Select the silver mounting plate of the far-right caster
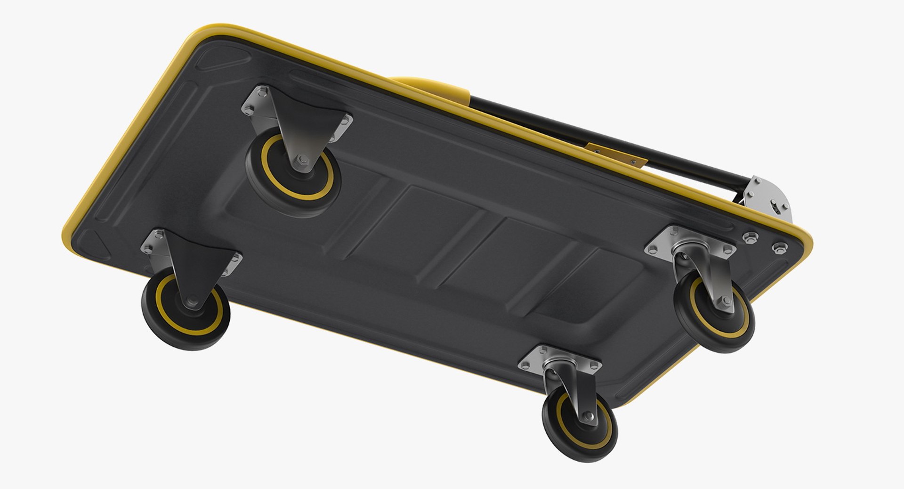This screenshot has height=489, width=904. pyautogui.click(x=690, y=243)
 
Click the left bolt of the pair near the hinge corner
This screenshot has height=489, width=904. pyautogui.click(x=750, y=237)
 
